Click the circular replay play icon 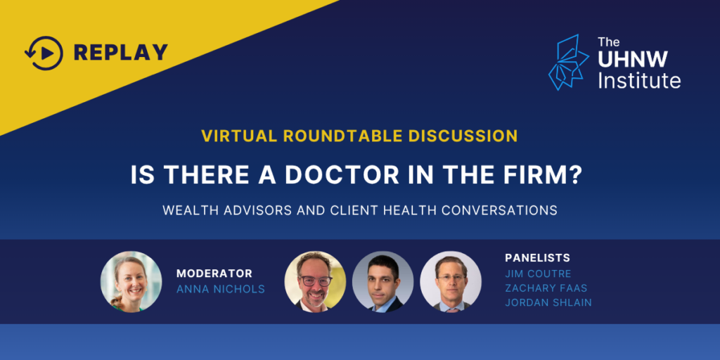point(44,53)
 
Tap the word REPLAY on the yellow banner point(121,53)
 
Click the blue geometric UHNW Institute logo point(568,62)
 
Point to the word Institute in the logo point(639,80)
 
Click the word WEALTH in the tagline point(184,210)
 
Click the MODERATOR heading point(214,274)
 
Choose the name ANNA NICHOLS point(220,289)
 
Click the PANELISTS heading point(538,257)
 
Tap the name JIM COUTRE point(538,274)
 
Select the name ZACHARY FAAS point(546,288)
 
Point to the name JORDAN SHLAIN point(548,303)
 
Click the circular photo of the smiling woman point(131,281)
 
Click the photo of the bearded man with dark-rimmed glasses point(315,281)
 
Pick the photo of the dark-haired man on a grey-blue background point(383,281)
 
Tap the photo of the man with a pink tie point(451,281)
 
